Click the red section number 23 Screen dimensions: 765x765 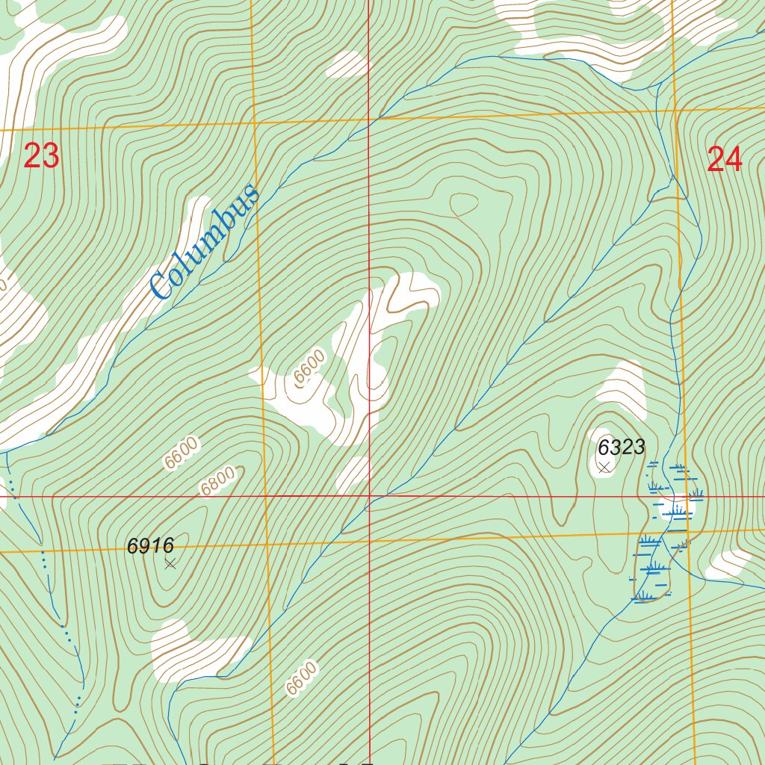41,156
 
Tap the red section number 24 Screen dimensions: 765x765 724,160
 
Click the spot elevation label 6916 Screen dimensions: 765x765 150,546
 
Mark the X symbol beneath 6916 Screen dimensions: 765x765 170,564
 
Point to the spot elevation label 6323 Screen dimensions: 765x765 621,447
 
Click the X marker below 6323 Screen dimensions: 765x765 604,467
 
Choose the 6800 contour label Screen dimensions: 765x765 217,481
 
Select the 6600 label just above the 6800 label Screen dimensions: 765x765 182,453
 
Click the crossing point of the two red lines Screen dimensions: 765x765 369,495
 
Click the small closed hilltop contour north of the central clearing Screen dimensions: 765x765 464,203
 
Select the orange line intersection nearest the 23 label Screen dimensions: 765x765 254,123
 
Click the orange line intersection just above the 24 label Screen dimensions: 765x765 675,111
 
